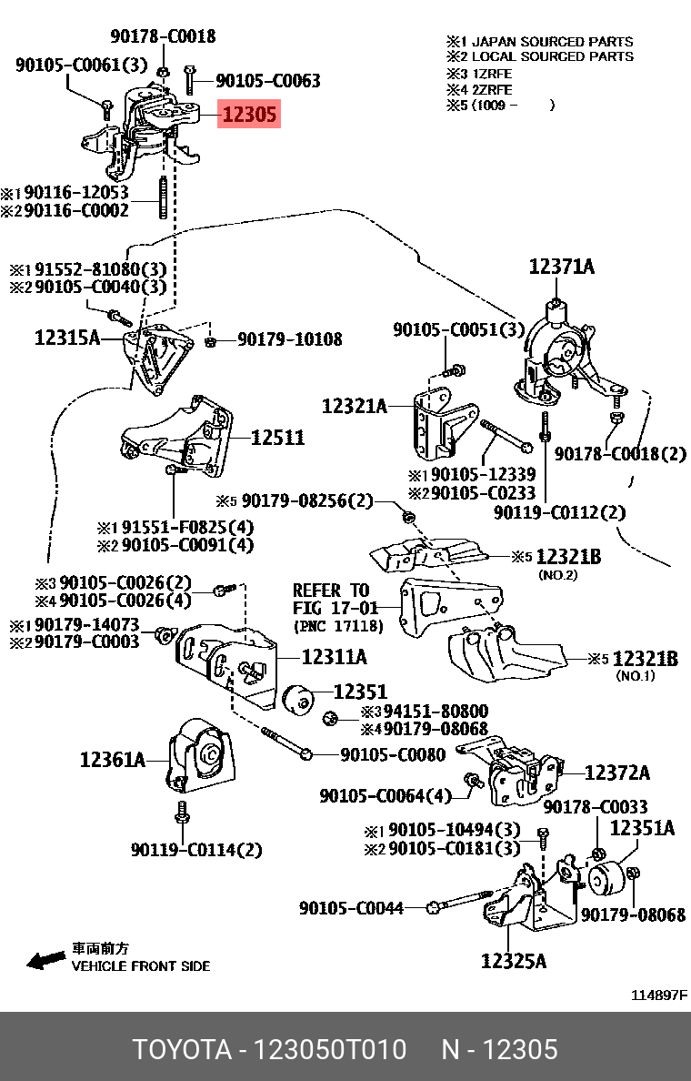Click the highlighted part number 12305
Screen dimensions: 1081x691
point(248,116)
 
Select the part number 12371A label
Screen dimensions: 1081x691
point(561,266)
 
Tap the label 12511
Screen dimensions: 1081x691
point(277,438)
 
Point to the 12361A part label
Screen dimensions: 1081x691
point(112,759)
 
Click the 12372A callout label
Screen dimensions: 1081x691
point(616,773)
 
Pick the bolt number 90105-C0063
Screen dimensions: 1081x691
point(268,81)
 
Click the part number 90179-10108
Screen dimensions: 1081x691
point(290,339)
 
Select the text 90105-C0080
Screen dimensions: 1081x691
point(393,754)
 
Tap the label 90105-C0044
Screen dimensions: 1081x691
point(351,907)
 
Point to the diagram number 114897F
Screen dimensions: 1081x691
point(659,995)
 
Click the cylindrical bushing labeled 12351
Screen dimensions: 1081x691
point(299,698)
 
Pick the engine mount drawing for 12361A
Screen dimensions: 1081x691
point(200,754)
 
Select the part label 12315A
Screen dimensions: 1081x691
point(67,338)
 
